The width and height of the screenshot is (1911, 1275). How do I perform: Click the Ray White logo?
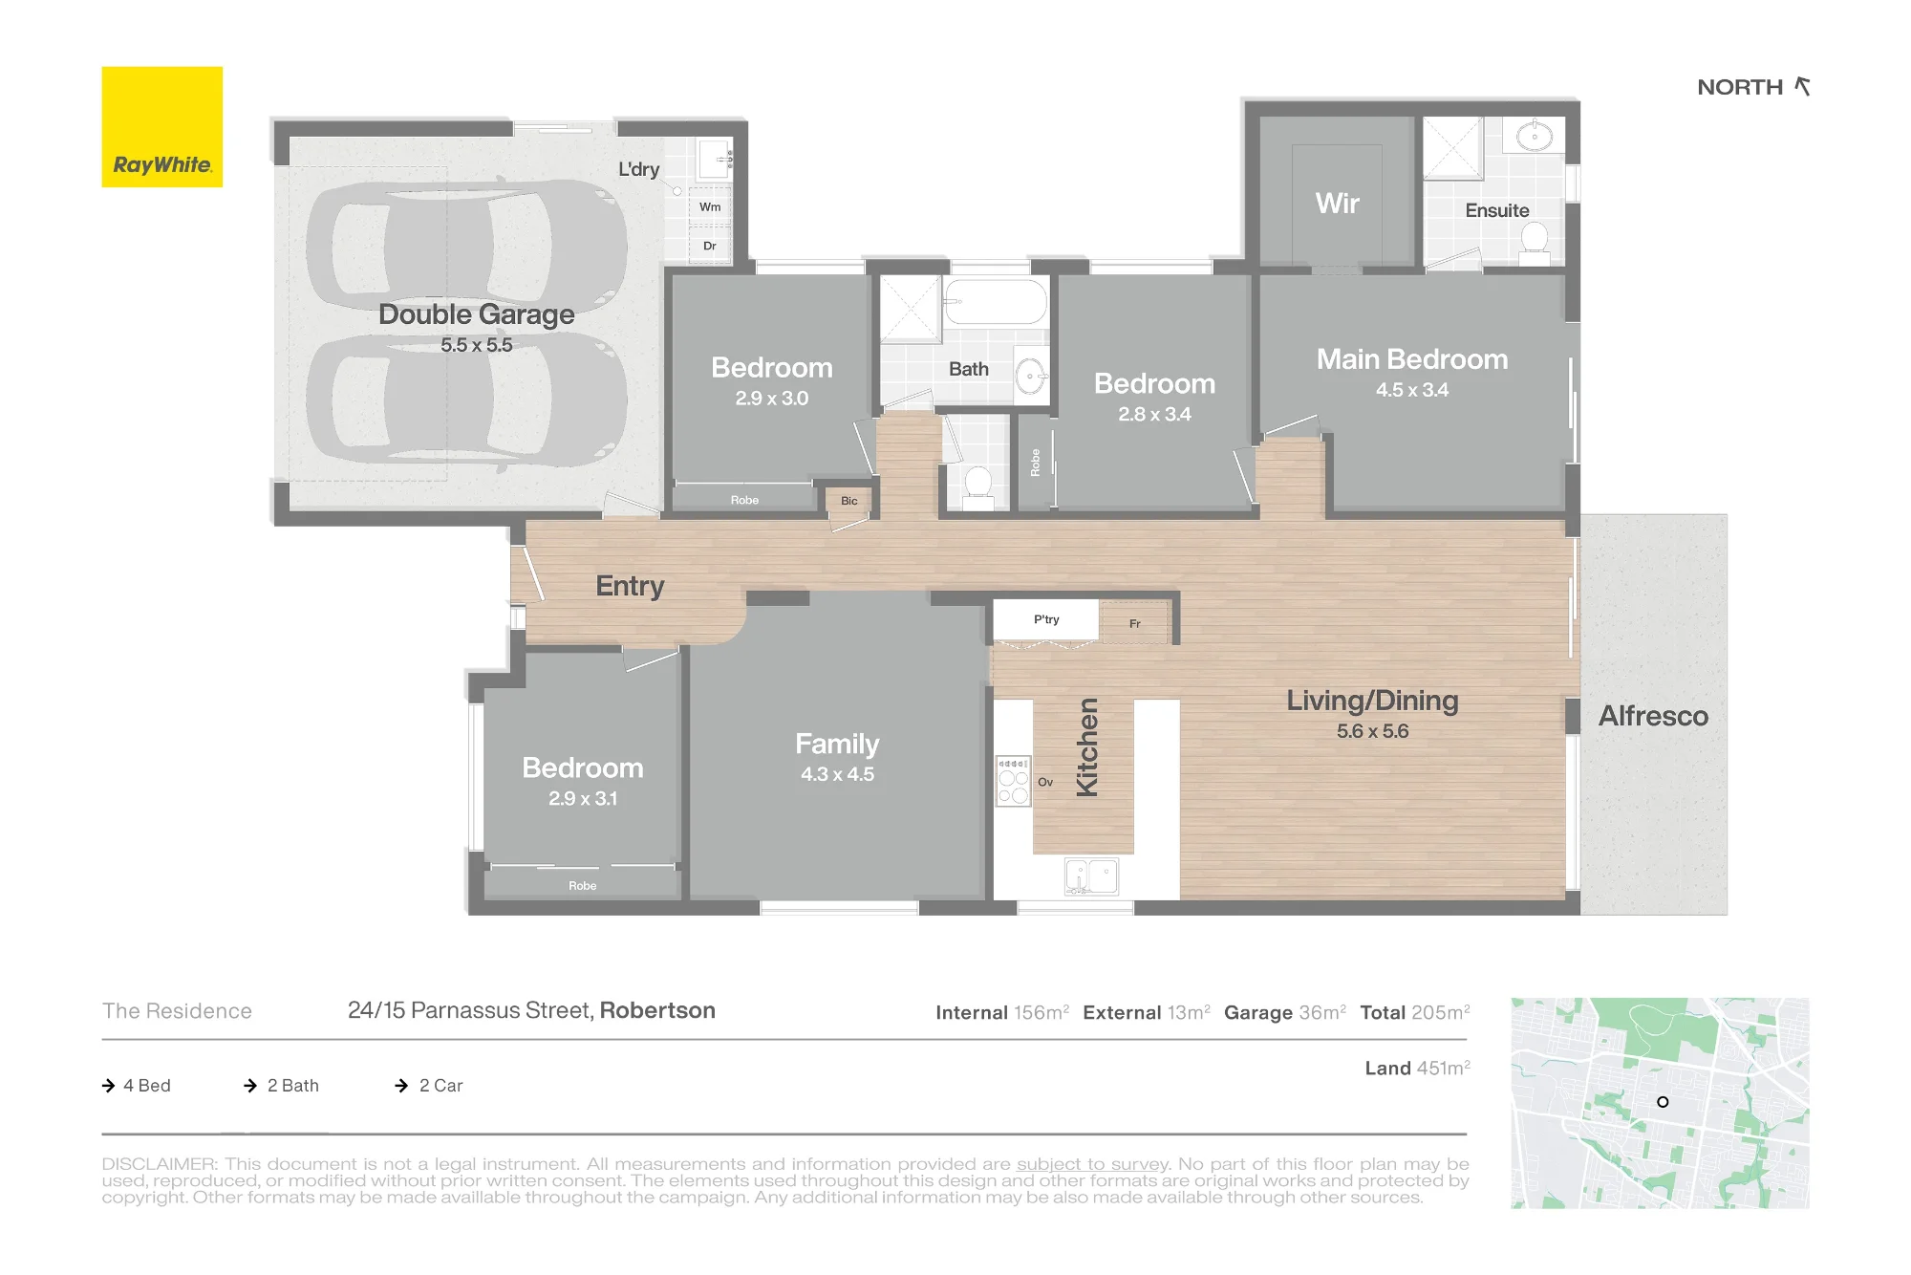tap(162, 127)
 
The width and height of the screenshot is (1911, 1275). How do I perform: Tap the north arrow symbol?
tap(1802, 87)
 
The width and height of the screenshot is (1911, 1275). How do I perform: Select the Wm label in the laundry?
tap(710, 206)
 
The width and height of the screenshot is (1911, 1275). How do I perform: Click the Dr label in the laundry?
tap(710, 246)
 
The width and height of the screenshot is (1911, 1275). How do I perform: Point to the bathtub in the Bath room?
tap(995, 302)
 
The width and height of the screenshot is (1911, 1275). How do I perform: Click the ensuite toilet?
tap(1535, 243)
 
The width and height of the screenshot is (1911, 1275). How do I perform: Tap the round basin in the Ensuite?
tap(1535, 137)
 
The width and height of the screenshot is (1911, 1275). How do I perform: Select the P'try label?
tap(1046, 619)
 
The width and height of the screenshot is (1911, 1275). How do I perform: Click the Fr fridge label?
tap(1135, 624)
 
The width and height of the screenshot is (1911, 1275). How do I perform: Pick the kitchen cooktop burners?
tap(1013, 781)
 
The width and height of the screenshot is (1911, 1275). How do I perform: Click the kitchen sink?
tap(1091, 876)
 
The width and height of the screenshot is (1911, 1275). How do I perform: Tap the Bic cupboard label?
tap(849, 501)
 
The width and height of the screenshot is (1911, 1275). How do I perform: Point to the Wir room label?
tap(1337, 204)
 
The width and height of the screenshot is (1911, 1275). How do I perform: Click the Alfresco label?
tap(1653, 716)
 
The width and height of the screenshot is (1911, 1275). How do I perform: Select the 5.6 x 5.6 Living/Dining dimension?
tap(1372, 731)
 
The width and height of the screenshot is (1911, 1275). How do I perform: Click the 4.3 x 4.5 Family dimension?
tap(837, 774)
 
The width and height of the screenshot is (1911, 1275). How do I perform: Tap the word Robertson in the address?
tap(657, 1010)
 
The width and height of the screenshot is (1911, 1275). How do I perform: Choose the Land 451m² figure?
tap(1417, 1068)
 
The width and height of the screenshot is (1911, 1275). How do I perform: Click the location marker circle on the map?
tap(1663, 1102)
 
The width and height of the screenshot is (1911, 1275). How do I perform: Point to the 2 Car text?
tap(440, 1086)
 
